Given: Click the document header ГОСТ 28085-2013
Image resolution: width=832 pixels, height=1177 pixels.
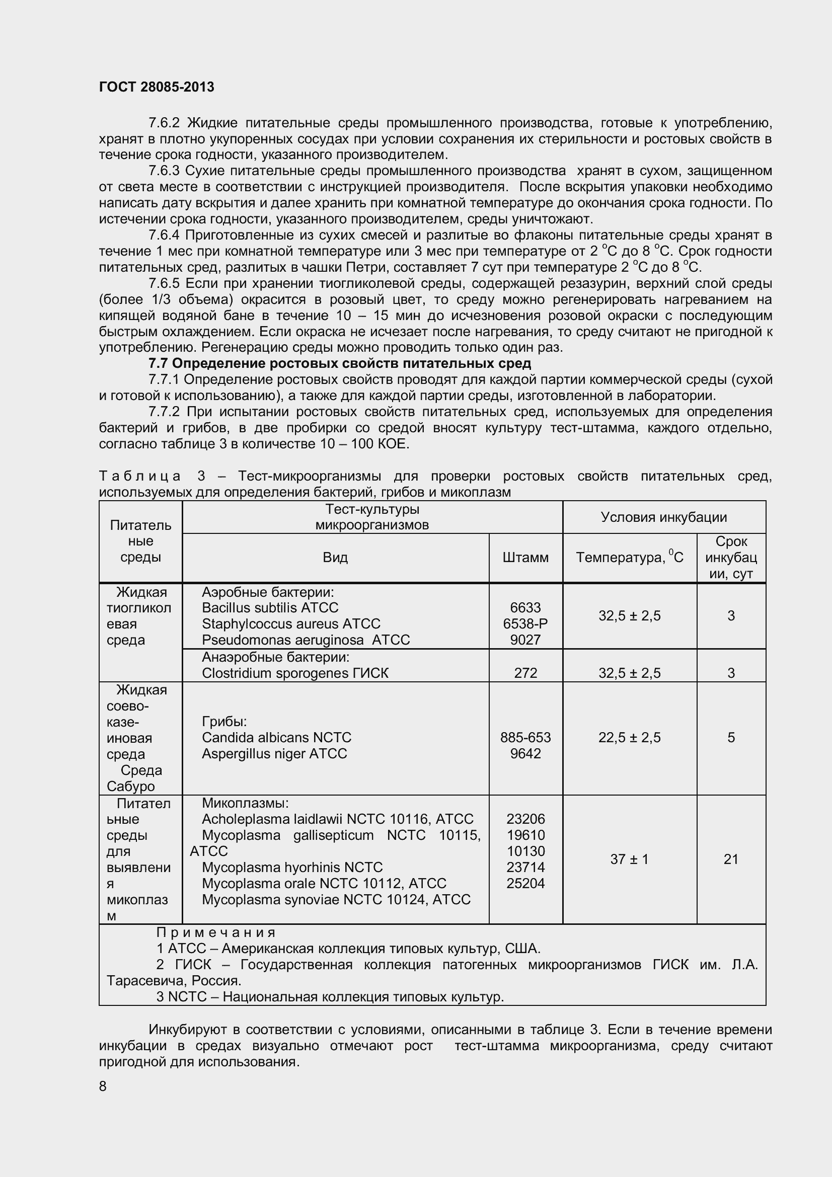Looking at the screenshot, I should click(x=157, y=87).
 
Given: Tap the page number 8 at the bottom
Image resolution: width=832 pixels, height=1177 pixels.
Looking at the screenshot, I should click(x=103, y=1086).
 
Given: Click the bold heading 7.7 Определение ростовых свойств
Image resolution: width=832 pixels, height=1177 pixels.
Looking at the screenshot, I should click(x=339, y=363).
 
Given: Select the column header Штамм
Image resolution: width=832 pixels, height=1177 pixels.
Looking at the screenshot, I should click(x=525, y=557).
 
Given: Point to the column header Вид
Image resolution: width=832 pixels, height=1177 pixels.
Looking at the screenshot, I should click(x=335, y=557).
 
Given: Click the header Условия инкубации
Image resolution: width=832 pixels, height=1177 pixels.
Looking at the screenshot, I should click(x=664, y=517).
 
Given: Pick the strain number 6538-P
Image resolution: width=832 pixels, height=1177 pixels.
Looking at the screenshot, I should click(x=525, y=623).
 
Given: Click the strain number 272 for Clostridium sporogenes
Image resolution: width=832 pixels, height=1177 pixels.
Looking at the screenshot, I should click(x=525, y=673).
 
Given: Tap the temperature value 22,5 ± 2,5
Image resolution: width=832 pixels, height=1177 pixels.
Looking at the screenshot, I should click(x=630, y=737).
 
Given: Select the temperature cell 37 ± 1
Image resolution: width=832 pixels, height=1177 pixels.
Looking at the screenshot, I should click(x=630, y=858).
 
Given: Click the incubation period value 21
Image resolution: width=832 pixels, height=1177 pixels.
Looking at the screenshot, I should click(x=731, y=858).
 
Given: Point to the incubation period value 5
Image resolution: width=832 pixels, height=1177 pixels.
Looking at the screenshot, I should click(x=731, y=737).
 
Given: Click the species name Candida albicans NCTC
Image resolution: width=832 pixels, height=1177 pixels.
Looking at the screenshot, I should click(x=276, y=737).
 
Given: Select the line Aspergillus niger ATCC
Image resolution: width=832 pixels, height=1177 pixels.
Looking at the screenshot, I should click(x=274, y=753).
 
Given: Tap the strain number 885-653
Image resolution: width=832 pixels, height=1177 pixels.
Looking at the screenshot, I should click(x=525, y=737).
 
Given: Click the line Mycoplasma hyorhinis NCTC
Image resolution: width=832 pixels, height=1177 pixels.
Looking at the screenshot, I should click(x=292, y=867).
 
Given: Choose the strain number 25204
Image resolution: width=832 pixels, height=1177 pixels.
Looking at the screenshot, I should click(x=525, y=883).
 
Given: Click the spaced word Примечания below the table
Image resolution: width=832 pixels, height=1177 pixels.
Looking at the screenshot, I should click(x=216, y=932).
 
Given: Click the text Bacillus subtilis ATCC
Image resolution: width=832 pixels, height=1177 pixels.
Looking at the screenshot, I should click(x=270, y=607).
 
